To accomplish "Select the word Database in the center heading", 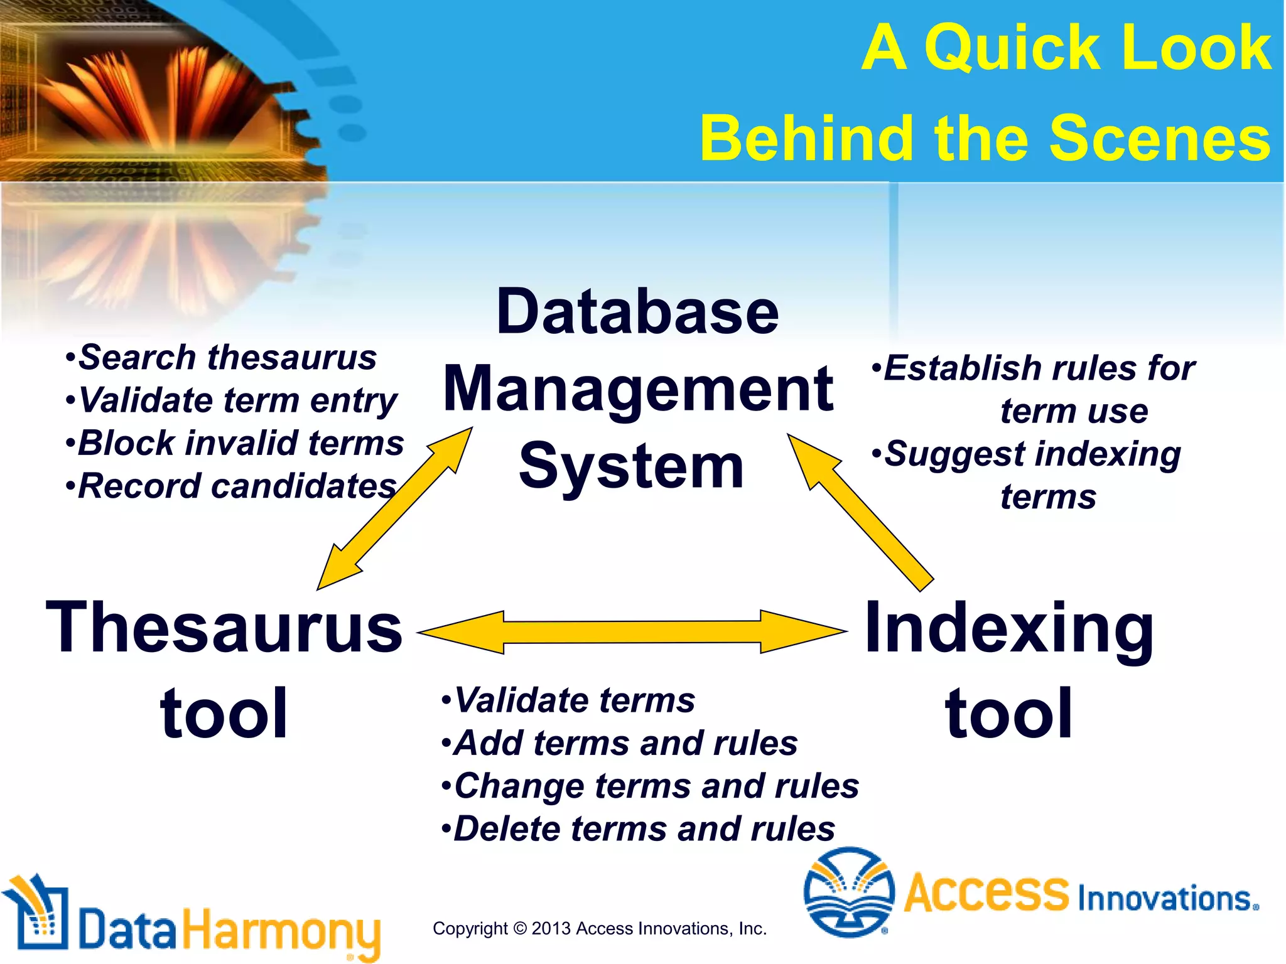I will [x=637, y=312].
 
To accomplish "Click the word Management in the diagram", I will [x=638, y=390].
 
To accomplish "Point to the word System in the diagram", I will [x=631, y=466].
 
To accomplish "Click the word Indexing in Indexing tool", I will [x=1009, y=628].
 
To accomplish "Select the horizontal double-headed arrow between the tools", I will [x=632, y=632].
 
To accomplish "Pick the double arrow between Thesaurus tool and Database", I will [x=394, y=509].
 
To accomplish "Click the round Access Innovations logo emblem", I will [x=848, y=892].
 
